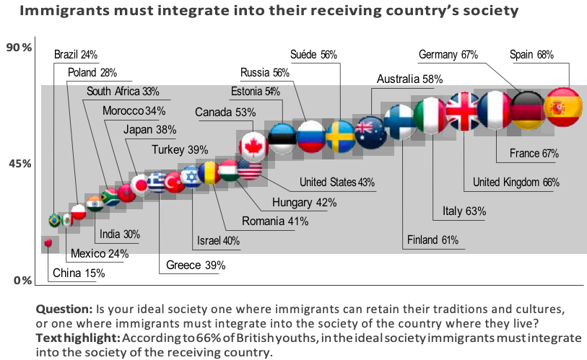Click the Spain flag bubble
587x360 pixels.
pyautogui.click(x=562, y=108)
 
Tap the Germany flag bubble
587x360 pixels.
pyautogui.click(x=529, y=110)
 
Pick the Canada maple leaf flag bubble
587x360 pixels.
pyautogui.click(x=254, y=146)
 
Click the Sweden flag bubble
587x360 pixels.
pyautogui.click(x=340, y=135)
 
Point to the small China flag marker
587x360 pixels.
pyautogui.click(x=48, y=244)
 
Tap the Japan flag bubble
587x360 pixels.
pyautogui.click(x=139, y=185)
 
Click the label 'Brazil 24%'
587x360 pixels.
pyautogui.click(x=76, y=54)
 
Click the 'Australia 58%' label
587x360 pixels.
pyautogui.click(x=409, y=79)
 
